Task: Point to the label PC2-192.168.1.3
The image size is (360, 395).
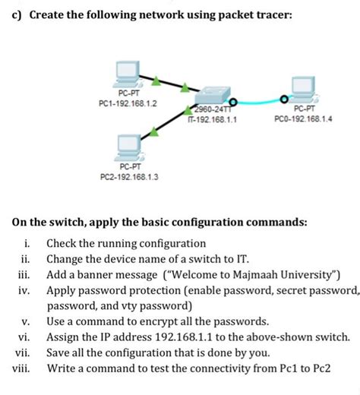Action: point(129,177)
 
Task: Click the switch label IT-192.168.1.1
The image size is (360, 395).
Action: point(207,119)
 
